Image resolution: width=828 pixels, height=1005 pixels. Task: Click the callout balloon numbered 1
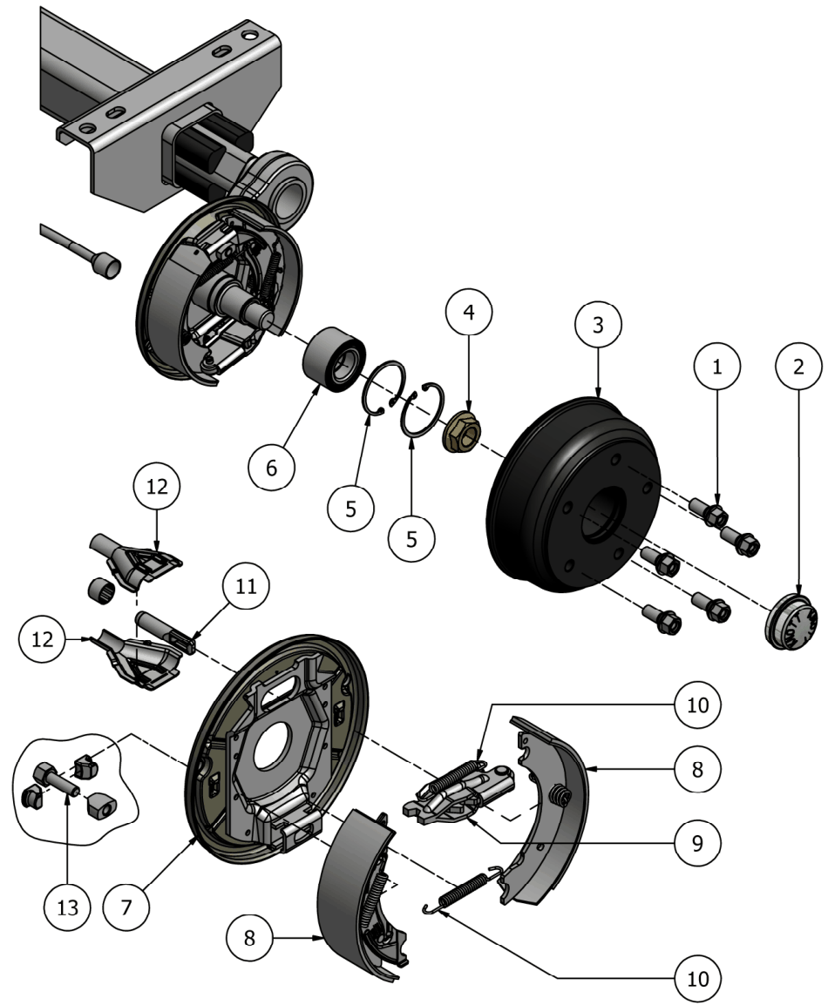tap(716, 367)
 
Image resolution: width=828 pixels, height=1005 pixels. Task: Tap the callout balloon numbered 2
tap(797, 367)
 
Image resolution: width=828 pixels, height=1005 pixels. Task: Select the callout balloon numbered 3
tap(598, 325)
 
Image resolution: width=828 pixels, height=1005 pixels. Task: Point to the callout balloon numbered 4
tap(469, 312)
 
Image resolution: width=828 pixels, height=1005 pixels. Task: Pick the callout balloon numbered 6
tap(271, 468)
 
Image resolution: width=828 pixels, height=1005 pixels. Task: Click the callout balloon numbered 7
tap(126, 907)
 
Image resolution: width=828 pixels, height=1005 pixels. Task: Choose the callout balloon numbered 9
tap(698, 843)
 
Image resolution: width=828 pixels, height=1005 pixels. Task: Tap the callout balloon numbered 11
tap(246, 586)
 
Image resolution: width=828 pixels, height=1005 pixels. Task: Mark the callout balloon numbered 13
tap(67, 907)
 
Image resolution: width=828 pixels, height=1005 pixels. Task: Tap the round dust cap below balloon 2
tap(791, 621)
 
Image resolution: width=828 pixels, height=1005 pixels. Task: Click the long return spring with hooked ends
tap(463, 887)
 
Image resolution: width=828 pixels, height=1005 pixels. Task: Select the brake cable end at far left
tap(80, 251)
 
